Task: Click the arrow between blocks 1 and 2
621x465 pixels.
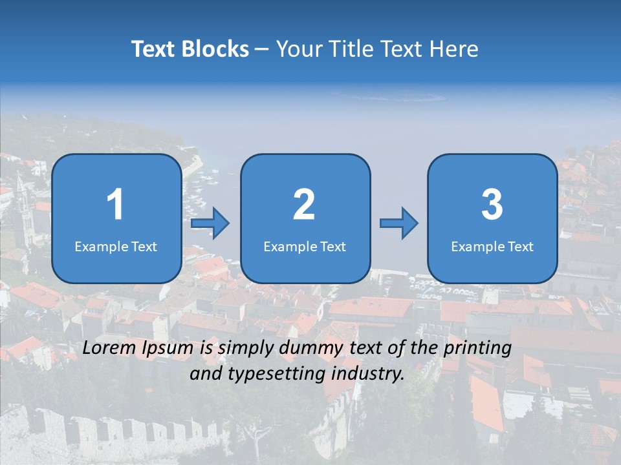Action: pos(210,224)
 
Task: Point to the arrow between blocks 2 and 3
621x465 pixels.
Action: pos(399,223)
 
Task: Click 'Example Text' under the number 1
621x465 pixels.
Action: pos(116,246)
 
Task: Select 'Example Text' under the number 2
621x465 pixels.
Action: pos(305,246)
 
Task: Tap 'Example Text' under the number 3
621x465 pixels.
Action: pos(492,246)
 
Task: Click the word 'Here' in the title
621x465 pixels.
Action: pos(455,49)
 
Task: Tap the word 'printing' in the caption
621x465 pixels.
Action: pos(479,349)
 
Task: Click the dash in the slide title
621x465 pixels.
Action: pos(262,50)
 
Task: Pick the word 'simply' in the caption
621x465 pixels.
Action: pos(246,349)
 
